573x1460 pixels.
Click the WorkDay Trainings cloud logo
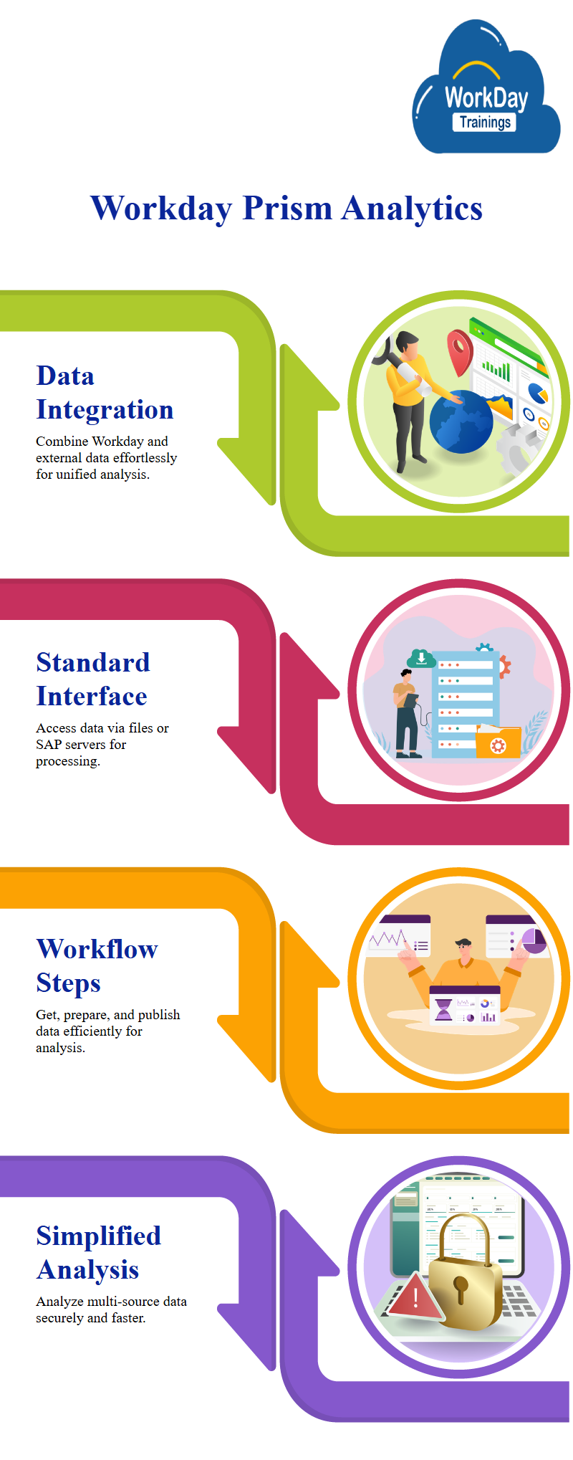tap(486, 88)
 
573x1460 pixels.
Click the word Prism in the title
tap(287, 209)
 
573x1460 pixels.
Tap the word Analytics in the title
tap(412, 209)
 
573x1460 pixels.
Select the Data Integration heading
tap(105, 392)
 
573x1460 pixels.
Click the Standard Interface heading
tap(93, 679)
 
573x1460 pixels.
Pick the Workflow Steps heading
tap(97, 965)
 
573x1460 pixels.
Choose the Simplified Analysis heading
tap(98, 1252)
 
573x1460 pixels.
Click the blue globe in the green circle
tap(461, 422)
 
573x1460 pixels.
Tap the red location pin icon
tap(459, 350)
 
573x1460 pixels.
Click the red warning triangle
tap(415, 1296)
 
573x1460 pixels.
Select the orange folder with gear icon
tap(498, 741)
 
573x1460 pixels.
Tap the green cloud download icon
tap(421, 657)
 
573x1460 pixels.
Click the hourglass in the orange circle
tap(444, 1010)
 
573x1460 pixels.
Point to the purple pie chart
tap(534, 941)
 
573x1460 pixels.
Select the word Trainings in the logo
tap(485, 122)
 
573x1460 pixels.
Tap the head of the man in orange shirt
tap(464, 950)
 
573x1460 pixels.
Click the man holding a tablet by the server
tap(407, 714)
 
